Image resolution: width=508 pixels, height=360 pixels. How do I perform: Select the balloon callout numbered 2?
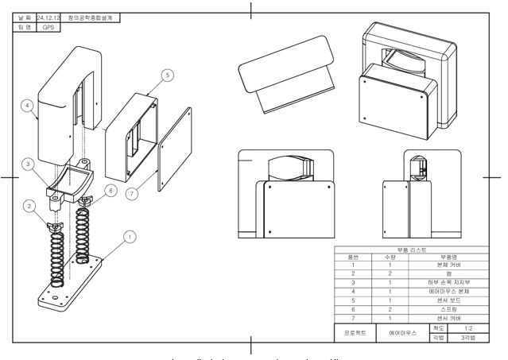point(29,207)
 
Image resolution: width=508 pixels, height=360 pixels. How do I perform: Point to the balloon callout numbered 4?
point(27,104)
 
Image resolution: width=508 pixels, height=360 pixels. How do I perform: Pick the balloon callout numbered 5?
point(167,75)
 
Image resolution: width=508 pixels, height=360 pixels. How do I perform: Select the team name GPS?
point(51,26)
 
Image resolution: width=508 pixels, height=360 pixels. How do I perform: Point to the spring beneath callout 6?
point(82,230)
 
